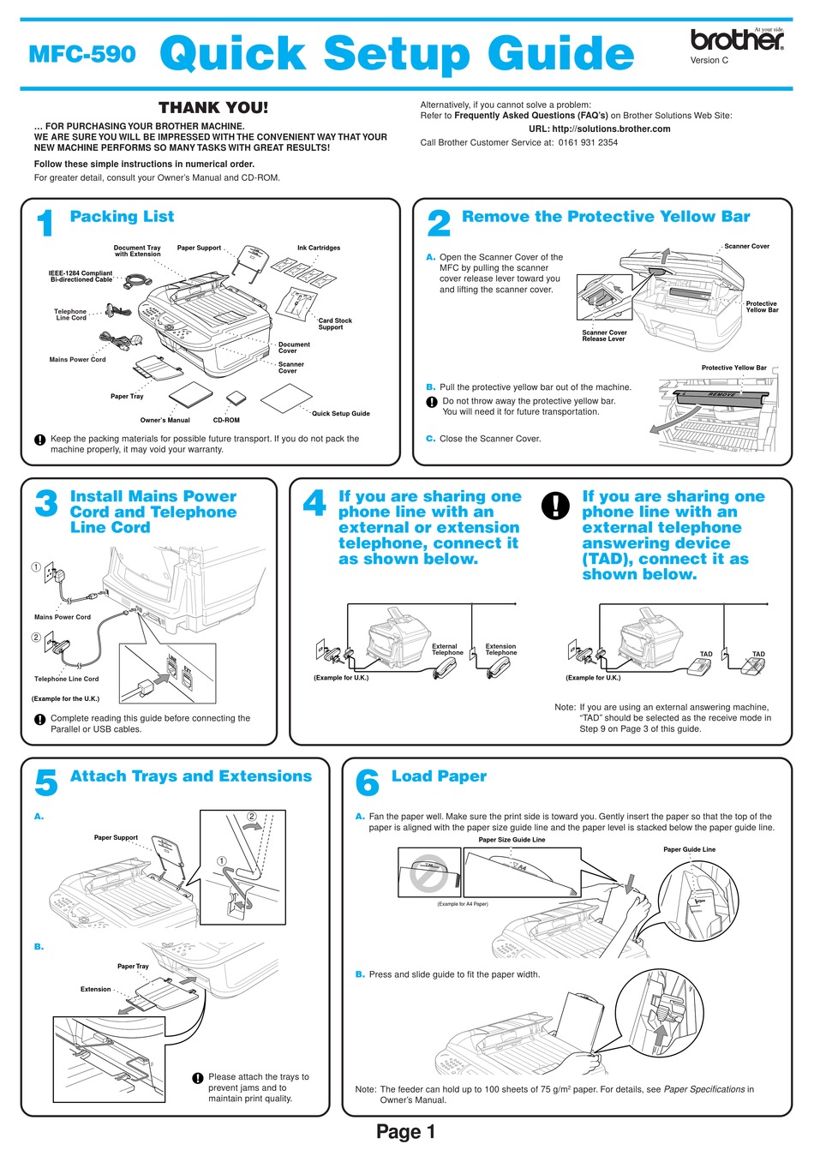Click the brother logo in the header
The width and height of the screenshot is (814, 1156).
[737, 39]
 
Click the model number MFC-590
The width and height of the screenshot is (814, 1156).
[82, 54]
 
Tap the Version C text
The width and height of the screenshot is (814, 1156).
[709, 61]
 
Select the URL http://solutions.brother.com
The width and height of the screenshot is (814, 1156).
[600, 129]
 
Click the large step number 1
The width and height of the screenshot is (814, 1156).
[46, 224]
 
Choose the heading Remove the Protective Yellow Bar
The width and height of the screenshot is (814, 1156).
[606, 217]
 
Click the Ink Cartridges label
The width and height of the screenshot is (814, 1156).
[319, 248]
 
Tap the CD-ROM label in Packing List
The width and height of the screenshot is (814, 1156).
[226, 420]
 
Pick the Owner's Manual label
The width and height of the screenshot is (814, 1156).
[165, 420]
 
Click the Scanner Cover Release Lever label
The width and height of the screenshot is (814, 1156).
[604, 336]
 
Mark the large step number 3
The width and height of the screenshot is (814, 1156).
[46, 504]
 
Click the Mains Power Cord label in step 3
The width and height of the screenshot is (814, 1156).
[63, 617]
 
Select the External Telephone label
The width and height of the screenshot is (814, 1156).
[446, 650]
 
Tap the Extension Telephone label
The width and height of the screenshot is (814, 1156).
[501, 650]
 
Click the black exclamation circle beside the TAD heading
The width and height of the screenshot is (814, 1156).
[555, 506]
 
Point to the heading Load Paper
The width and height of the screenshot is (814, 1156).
[439, 776]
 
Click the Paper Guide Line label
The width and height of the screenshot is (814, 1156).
[689, 849]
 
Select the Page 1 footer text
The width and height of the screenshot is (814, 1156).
[406, 1132]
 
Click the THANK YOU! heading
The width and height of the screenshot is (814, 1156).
[213, 108]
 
